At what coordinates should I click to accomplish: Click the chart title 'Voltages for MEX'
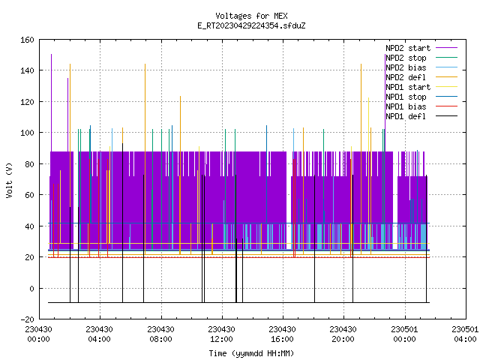[251, 16]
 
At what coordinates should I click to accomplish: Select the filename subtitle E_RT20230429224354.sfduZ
[251, 25]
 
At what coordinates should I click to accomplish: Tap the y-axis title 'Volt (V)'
[10, 180]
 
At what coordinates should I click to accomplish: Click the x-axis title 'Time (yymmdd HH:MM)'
[251, 353]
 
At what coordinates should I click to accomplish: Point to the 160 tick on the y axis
[27, 40]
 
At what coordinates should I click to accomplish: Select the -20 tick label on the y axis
[27, 319]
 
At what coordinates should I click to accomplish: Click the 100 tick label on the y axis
[27, 133]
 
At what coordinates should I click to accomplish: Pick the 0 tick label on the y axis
[31, 288]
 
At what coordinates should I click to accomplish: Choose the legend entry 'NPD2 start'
[408, 48]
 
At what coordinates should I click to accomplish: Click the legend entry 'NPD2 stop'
[406, 58]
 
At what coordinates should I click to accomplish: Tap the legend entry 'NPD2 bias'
[406, 67]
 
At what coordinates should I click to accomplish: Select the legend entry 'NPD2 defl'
[406, 77]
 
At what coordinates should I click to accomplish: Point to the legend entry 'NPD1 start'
[408, 87]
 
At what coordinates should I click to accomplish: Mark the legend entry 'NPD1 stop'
[406, 97]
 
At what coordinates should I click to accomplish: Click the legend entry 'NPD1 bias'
[406, 106]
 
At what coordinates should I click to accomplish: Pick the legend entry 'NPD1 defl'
[406, 117]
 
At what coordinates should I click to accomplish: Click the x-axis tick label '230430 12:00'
[221, 334]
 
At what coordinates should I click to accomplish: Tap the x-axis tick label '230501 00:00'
[404, 334]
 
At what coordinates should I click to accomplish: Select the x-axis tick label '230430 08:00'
[160, 334]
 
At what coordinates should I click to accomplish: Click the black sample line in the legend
[447, 116]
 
